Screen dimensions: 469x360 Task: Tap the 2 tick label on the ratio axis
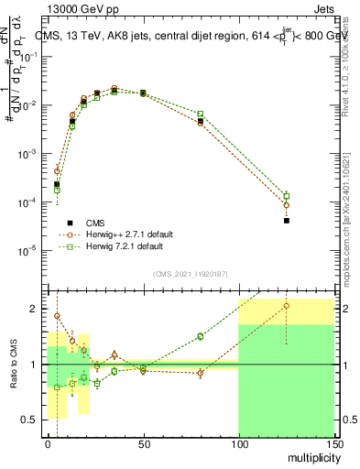click(37, 309)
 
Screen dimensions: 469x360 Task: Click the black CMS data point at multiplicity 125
click(287, 221)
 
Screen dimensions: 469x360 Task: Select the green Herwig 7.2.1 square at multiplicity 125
click(287, 196)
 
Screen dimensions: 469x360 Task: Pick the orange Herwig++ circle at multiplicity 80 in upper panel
click(201, 123)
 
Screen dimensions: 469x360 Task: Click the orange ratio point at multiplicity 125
click(287, 307)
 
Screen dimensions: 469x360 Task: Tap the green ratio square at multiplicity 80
click(201, 336)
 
